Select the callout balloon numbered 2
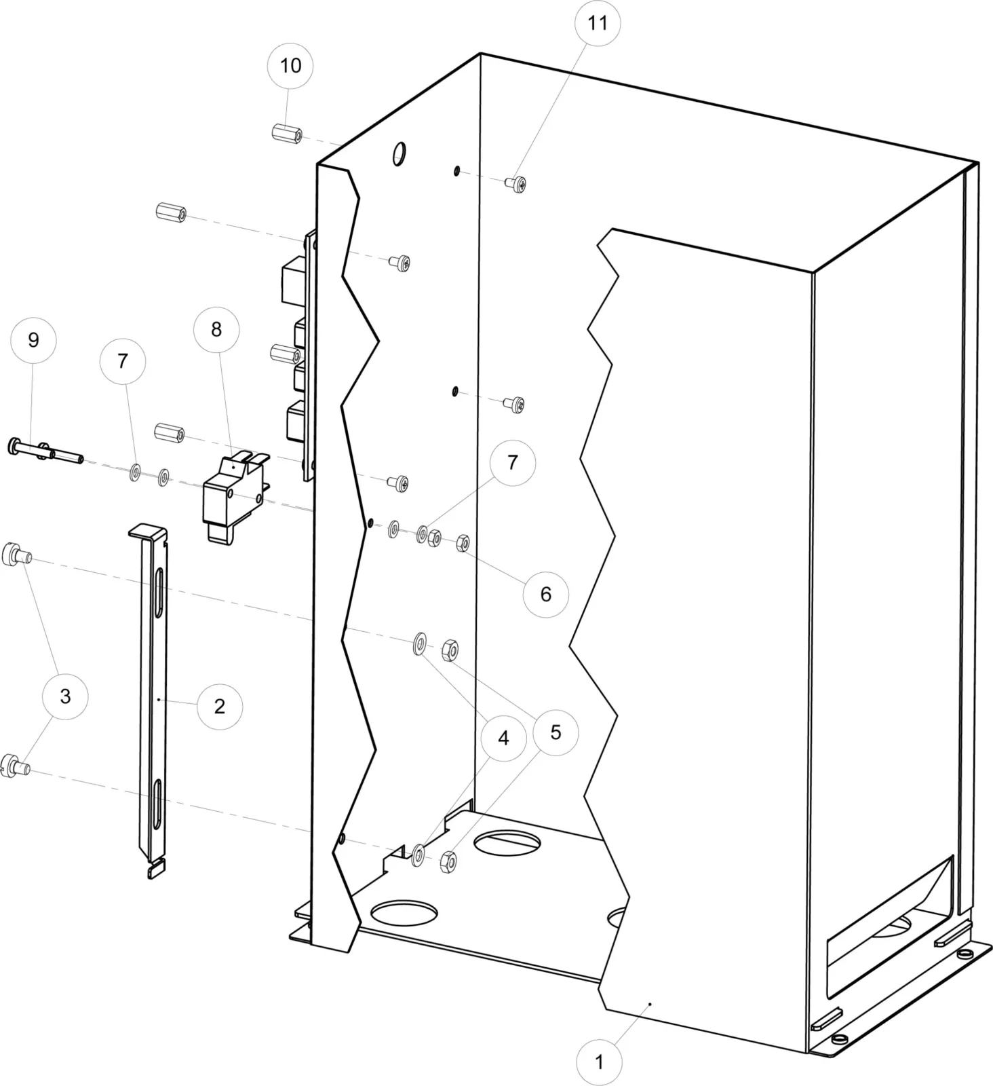(x=220, y=706)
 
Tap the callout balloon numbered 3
(x=65, y=696)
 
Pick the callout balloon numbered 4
(x=503, y=737)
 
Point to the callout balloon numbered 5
(x=556, y=732)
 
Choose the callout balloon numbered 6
(x=546, y=595)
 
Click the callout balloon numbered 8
(x=216, y=329)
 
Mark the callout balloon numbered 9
(x=33, y=339)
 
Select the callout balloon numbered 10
(x=290, y=66)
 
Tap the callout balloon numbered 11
(x=598, y=23)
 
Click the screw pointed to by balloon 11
(x=516, y=183)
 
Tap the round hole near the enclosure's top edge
(x=399, y=153)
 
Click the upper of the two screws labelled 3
(x=16, y=554)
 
